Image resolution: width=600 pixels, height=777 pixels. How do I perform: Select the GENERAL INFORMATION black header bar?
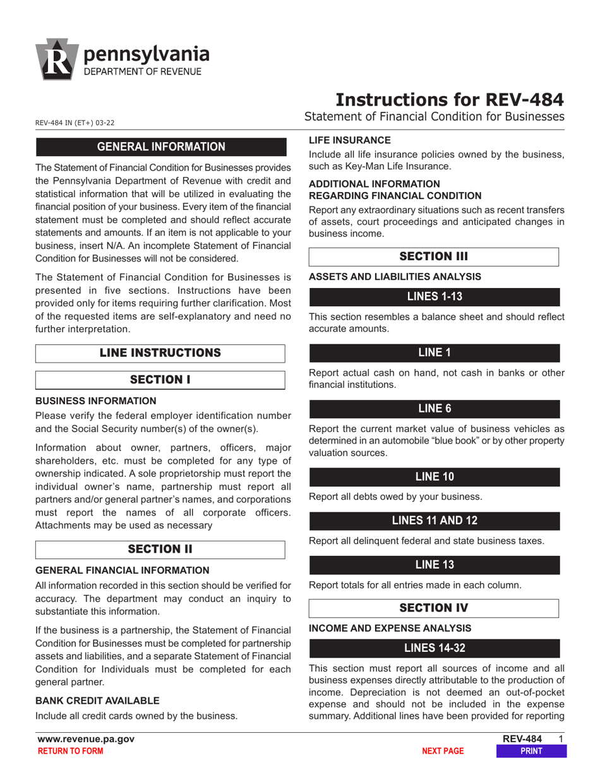click(160, 147)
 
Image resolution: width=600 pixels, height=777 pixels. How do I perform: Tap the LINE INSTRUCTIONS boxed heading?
click(160, 352)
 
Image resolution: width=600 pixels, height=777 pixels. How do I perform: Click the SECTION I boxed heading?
click(160, 380)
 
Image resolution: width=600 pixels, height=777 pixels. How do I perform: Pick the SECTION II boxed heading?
click(160, 549)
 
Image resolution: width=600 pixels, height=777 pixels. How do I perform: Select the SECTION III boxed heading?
click(434, 257)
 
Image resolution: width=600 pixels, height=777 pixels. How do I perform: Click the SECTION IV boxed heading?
click(434, 608)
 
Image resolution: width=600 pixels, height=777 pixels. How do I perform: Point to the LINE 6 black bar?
click(434, 408)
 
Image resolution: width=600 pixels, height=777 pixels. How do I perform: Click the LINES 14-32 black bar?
click(434, 648)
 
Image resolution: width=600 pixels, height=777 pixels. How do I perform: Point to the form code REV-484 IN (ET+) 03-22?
click(75, 123)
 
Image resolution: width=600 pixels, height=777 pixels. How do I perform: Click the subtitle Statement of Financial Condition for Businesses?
click(434, 117)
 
